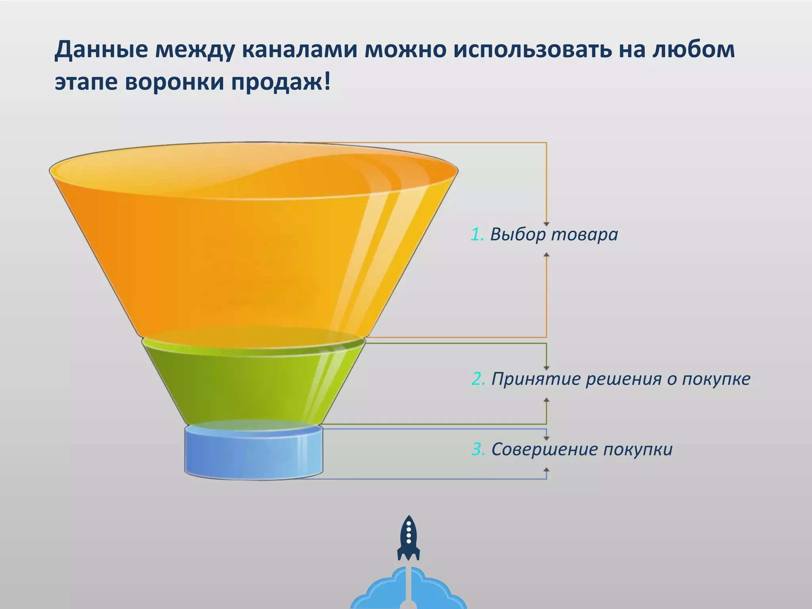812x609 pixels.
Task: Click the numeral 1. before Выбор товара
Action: coord(477,234)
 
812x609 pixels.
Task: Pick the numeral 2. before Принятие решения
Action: coord(478,379)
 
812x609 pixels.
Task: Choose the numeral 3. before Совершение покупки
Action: coord(478,449)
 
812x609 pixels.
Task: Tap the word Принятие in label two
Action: coord(536,379)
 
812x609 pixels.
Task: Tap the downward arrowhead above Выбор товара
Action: coord(546,224)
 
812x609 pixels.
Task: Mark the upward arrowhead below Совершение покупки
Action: coord(546,469)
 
